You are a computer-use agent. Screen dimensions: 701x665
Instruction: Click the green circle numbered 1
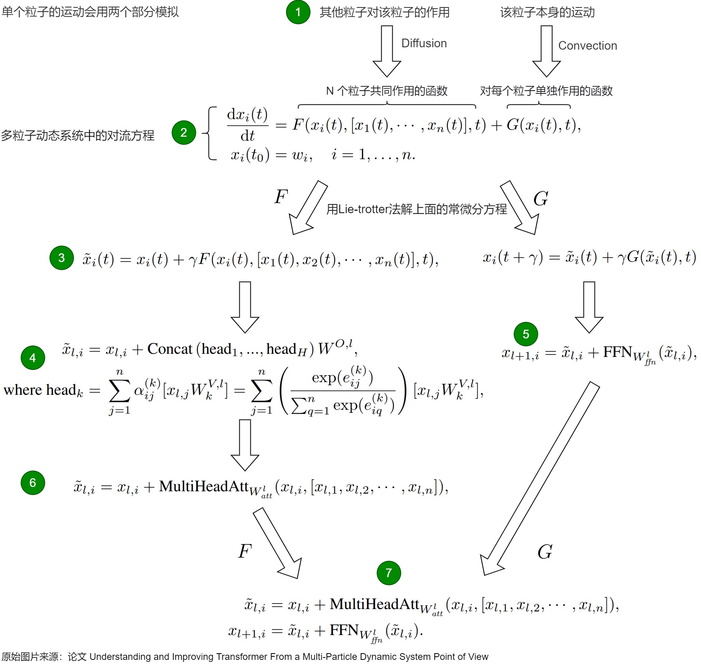pos(298,12)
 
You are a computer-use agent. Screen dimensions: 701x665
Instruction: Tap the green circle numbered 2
pos(184,132)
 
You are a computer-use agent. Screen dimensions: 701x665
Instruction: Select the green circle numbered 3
pos(62,258)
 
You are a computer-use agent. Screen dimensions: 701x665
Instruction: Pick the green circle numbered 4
pos(33,358)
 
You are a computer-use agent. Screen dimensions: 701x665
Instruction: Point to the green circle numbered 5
pos(526,334)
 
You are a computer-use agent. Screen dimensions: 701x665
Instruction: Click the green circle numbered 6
pos(33,483)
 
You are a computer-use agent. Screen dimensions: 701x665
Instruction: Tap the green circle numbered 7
pos(389,573)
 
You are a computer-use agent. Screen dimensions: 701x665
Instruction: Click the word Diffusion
pos(424,43)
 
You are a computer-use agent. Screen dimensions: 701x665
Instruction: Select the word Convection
pos(587,46)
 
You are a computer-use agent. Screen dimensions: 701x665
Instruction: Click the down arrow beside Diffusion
pos(387,51)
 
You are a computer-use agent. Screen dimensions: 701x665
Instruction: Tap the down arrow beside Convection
pos(546,51)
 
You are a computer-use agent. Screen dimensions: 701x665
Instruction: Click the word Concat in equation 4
pos(170,349)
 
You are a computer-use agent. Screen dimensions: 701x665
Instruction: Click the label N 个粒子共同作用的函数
pos(387,91)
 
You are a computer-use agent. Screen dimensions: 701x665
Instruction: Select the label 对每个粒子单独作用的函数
pos(546,91)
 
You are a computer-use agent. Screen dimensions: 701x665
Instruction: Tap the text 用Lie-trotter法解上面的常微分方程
pos(417,209)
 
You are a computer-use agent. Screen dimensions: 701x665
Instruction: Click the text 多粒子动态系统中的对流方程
pos(78,136)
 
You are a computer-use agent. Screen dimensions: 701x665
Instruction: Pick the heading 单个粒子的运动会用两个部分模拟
pos(90,12)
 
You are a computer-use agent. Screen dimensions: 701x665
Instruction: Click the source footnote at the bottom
pos(245,657)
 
